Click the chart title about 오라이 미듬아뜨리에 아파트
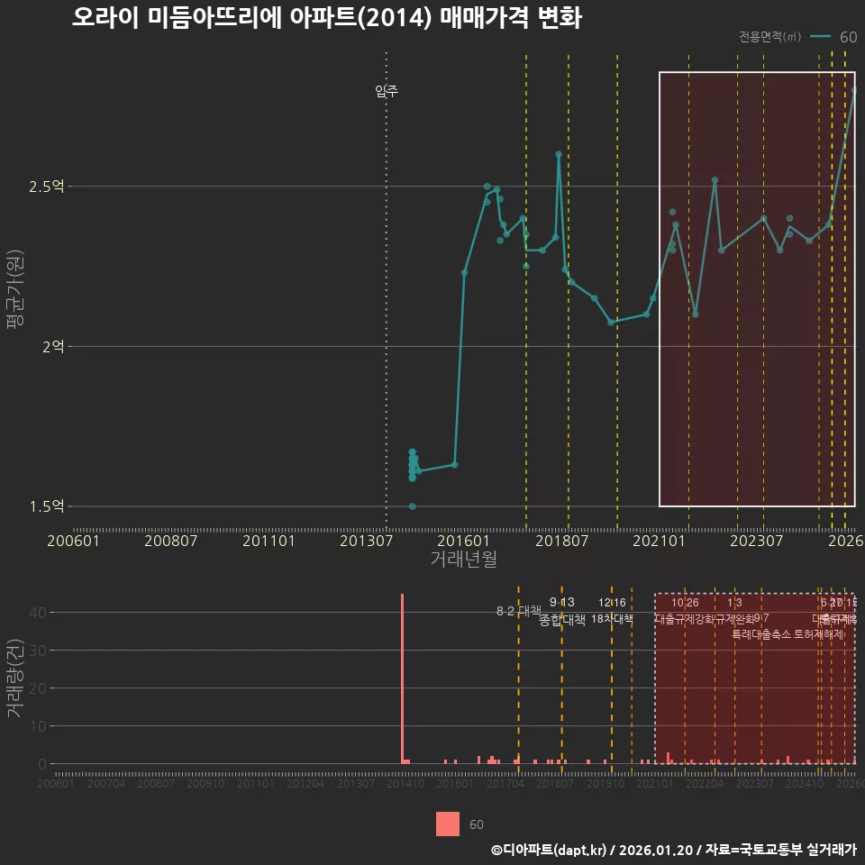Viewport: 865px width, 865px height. [x=327, y=18]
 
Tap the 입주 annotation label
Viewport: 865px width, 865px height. [x=387, y=91]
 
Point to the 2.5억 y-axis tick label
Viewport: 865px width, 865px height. [x=47, y=187]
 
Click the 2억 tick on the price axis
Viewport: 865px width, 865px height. [x=52, y=346]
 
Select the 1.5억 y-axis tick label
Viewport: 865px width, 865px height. [x=47, y=505]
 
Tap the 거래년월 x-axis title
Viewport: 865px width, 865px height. [x=463, y=559]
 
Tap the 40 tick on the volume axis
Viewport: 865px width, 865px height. [x=37, y=613]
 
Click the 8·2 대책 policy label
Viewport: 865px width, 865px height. [x=518, y=611]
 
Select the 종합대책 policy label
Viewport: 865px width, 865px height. [x=562, y=620]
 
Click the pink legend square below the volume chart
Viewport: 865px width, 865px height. [x=448, y=824]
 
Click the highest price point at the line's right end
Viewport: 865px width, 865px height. [x=854, y=90]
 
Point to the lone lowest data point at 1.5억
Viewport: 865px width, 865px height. [x=412, y=506]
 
